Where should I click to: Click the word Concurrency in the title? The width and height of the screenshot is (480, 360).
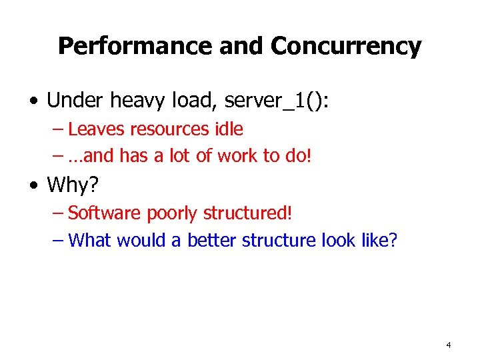point(345,46)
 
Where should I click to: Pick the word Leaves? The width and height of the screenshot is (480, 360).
point(92,129)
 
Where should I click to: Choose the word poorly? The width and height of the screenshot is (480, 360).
point(172,213)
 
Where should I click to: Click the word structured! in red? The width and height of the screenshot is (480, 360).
point(247,213)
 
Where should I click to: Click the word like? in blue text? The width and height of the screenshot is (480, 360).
point(379,240)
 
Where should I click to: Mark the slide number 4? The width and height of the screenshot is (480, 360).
point(448,345)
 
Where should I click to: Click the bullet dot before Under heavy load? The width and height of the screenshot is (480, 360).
point(33,102)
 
